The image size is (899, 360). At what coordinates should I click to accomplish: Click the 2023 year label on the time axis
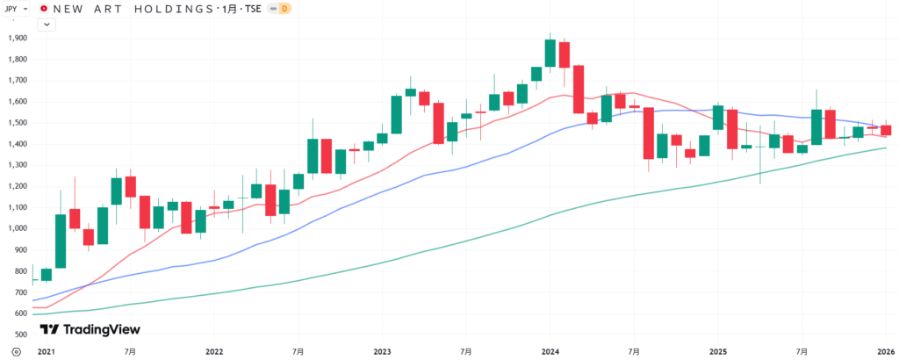[x=382, y=351]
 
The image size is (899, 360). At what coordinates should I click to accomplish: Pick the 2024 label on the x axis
[x=550, y=351]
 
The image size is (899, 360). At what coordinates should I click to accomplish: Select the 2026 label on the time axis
[x=886, y=351]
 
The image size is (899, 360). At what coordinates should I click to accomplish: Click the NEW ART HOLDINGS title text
[x=132, y=9]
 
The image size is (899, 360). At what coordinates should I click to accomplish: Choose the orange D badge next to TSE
[x=284, y=9]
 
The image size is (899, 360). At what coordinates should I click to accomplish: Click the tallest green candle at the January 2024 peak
[x=550, y=53]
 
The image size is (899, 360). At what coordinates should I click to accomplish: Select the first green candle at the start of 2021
[x=47, y=274]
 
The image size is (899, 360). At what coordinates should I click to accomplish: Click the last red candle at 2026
[x=886, y=130]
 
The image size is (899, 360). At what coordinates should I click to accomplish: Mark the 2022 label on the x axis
[x=214, y=351]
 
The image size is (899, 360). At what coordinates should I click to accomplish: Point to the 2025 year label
[x=718, y=351]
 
